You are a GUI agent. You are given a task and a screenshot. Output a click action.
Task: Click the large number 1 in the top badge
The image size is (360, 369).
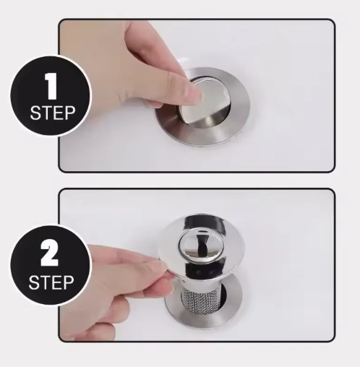coord(51,86)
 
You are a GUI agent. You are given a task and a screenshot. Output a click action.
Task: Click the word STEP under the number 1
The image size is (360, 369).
coord(53,113)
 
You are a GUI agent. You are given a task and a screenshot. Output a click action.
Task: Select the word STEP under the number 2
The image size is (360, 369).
coord(51,282)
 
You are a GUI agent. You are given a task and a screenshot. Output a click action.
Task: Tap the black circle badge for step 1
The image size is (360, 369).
coord(51,95)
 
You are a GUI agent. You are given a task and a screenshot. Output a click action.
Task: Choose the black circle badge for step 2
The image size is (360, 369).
coord(51,265)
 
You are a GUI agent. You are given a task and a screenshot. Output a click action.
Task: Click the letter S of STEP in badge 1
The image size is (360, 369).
coord(35,113)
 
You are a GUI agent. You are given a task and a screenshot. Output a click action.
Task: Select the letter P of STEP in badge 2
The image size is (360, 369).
coord(69,282)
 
